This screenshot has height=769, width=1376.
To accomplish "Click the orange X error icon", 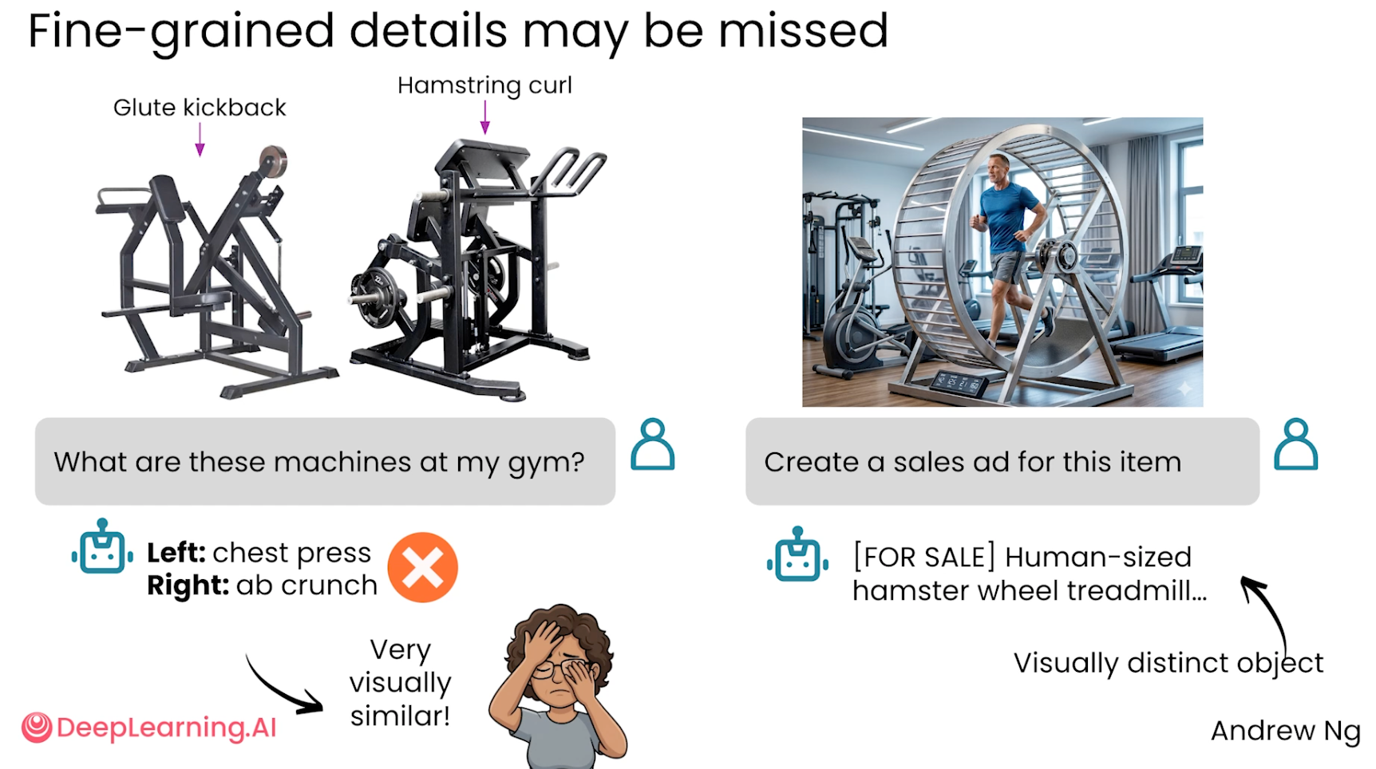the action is (x=423, y=567).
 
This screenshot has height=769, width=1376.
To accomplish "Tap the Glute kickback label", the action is (x=200, y=108).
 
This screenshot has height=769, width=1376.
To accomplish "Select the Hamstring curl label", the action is (x=484, y=85).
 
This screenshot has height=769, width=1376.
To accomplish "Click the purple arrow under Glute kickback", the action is (x=200, y=140).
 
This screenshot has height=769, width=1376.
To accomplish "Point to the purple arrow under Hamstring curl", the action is (x=484, y=117).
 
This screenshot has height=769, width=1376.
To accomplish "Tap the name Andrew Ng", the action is (x=1285, y=731).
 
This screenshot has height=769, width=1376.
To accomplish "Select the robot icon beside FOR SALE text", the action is (x=797, y=554).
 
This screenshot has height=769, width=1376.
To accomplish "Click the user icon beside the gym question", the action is (x=653, y=444).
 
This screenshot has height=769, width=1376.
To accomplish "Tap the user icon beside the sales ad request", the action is (x=1295, y=444).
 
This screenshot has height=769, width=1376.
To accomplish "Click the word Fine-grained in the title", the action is (x=181, y=32).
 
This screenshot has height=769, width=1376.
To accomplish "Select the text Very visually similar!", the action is (x=400, y=683).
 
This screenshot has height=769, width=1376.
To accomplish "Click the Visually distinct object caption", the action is (x=1168, y=664).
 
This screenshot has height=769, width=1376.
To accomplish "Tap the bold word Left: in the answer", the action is (x=176, y=553).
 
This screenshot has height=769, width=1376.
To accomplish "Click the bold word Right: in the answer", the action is (x=188, y=586).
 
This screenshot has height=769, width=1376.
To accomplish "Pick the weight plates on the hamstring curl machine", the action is (x=375, y=296).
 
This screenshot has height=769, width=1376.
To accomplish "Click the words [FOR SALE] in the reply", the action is (x=924, y=557).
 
